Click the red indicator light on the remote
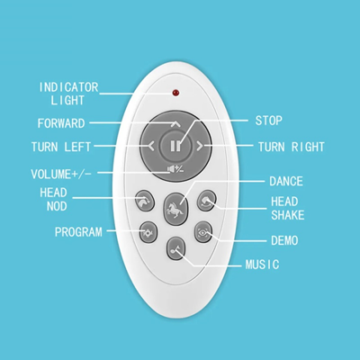[175, 93]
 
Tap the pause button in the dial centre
[175, 146]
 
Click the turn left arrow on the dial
[151, 146]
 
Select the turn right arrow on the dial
[200, 146]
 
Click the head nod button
[145, 201]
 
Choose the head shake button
[207, 201]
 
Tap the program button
[148, 232]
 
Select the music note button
[176, 248]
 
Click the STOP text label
[269, 121]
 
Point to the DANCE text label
[286, 181]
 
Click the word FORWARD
[61, 123]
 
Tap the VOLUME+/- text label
[61, 174]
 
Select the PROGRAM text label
[78, 232]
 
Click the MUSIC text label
[263, 265]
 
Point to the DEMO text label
[284, 240]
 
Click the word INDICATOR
[68, 87]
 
